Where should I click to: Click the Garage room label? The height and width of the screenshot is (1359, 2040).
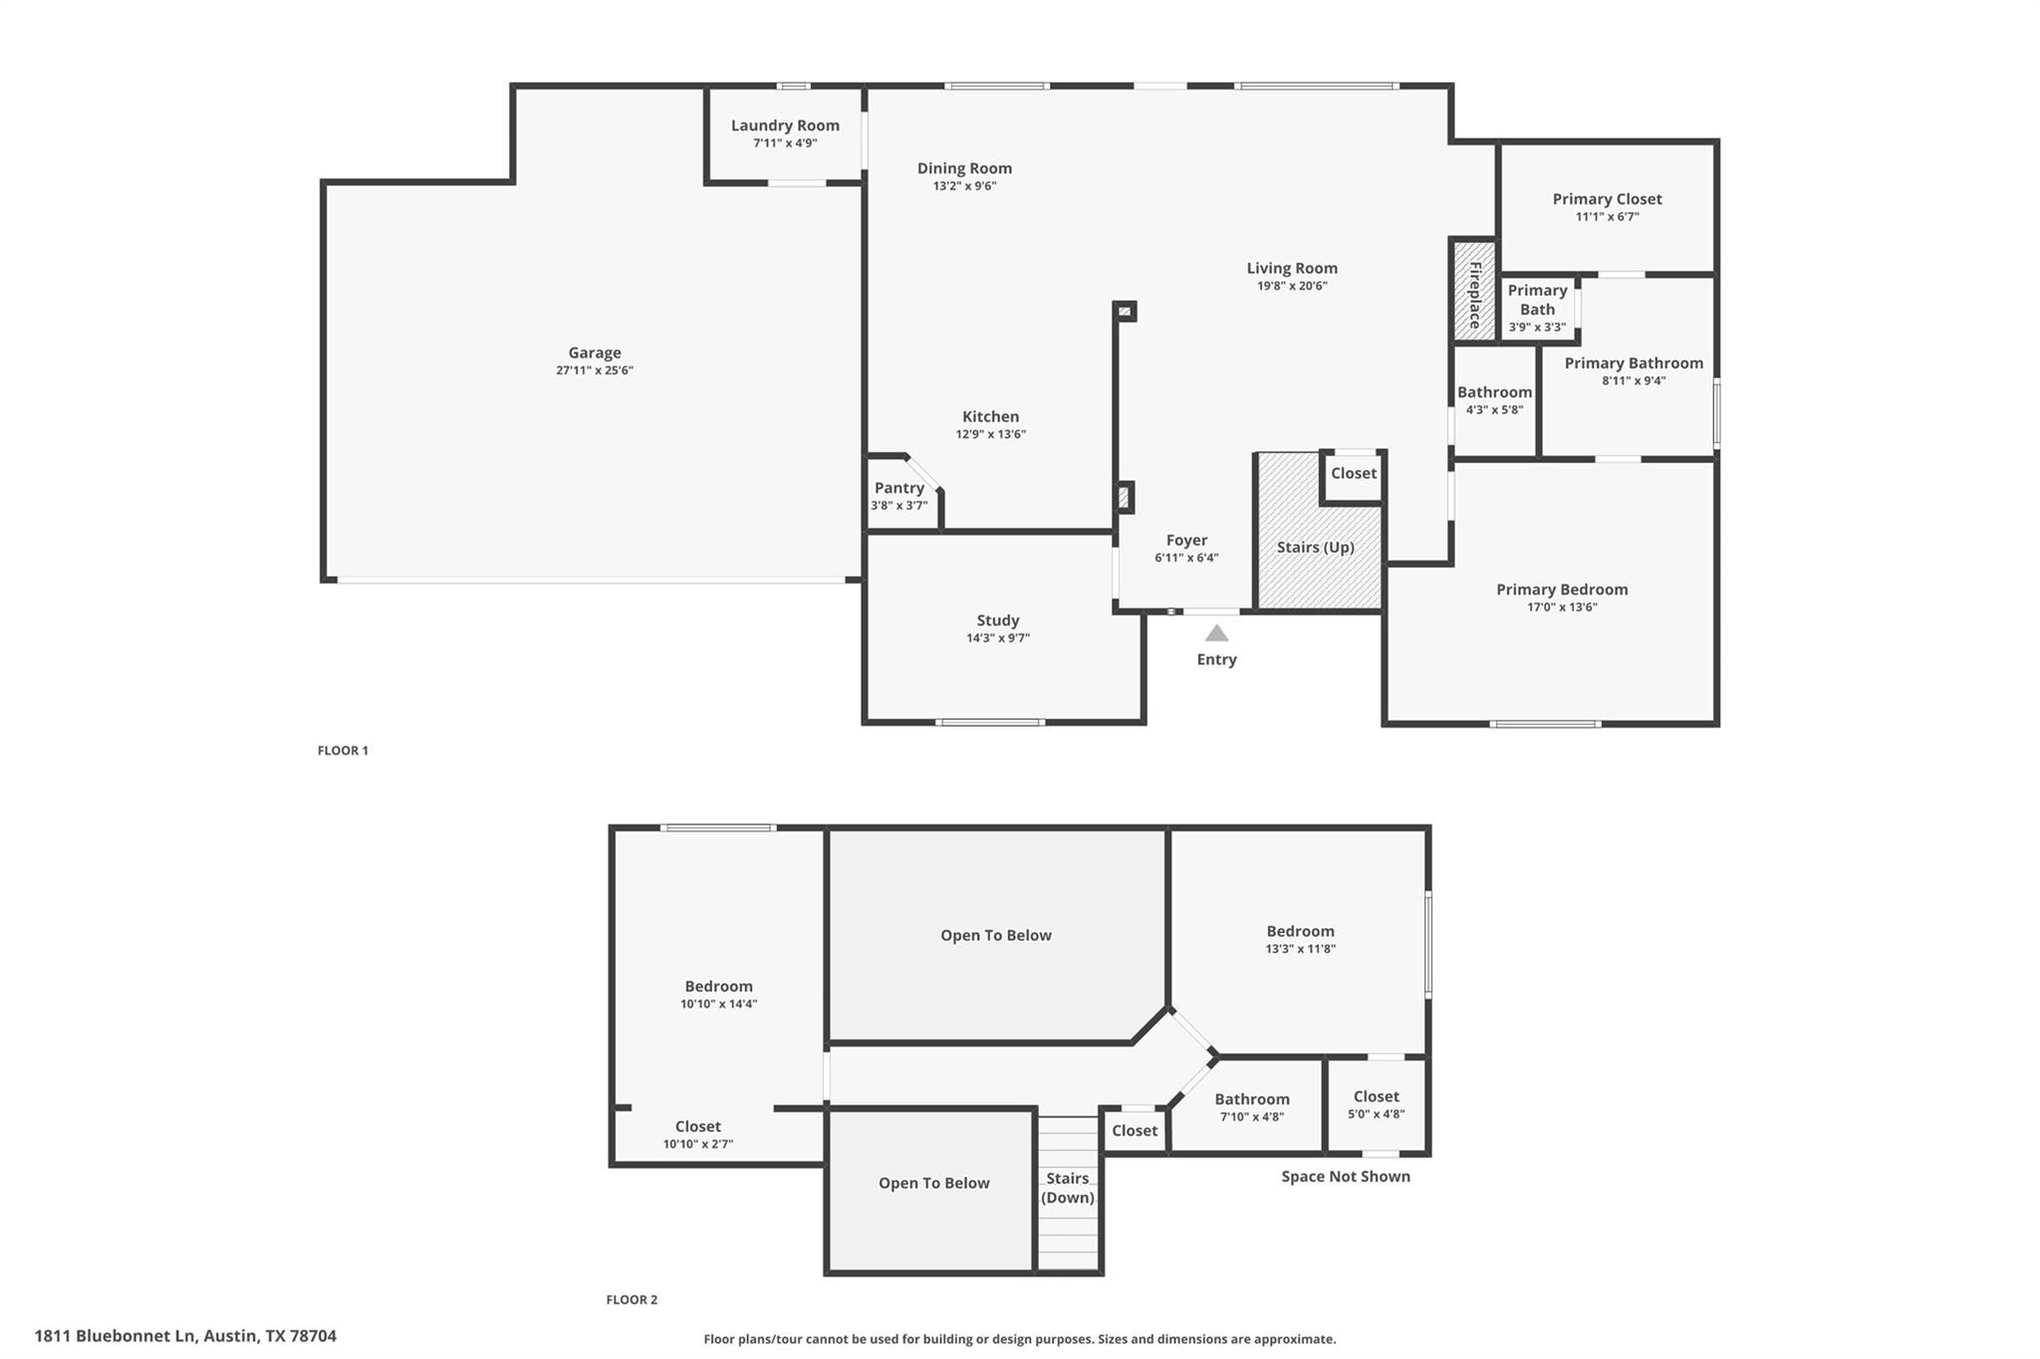point(595,352)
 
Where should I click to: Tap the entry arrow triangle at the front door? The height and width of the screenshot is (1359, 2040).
point(1216,633)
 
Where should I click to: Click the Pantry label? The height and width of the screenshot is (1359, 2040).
point(898,488)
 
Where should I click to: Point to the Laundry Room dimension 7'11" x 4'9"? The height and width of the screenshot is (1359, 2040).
point(785,143)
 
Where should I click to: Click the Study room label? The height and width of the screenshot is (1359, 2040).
point(997,620)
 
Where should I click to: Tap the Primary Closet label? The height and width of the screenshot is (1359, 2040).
point(1607,199)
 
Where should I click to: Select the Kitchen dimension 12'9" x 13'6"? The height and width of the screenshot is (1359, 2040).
point(990,434)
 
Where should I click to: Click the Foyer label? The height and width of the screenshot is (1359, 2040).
point(1186,541)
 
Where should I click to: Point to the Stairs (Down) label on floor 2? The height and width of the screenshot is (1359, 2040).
point(1067,1188)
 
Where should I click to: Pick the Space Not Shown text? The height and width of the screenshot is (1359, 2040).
point(1345,1177)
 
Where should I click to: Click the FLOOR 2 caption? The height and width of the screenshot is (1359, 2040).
point(632,1299)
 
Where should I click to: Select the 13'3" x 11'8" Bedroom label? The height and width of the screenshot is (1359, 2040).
point(1300,932)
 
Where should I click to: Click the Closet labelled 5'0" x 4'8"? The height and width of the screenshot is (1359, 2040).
point(1376,1097)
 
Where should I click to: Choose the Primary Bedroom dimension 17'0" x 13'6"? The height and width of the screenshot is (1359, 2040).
point(1561,607)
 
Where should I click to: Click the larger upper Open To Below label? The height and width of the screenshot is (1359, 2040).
point(995,935)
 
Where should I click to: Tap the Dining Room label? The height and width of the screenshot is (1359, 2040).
point(964,168)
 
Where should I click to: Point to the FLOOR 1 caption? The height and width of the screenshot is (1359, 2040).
point(343,751)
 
